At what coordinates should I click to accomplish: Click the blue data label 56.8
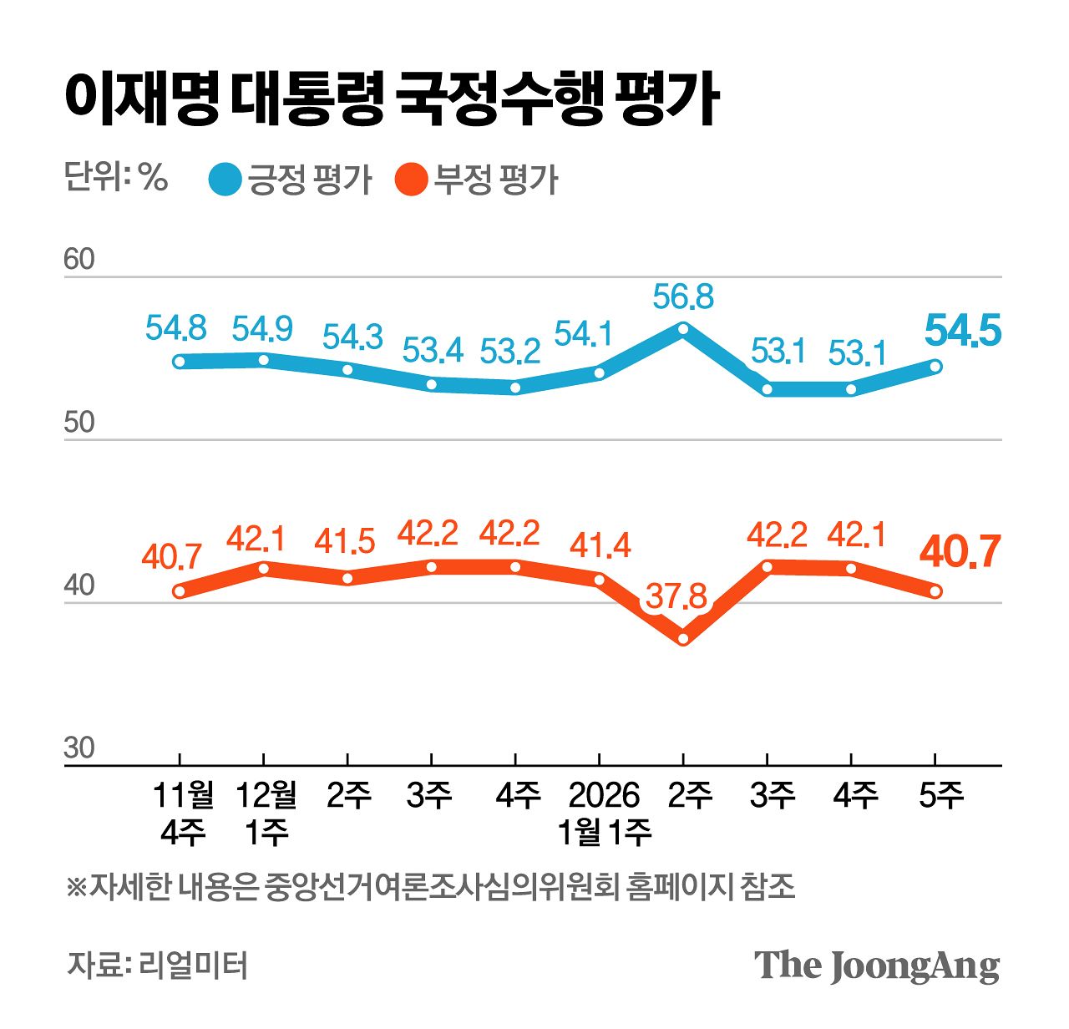coord(683,297)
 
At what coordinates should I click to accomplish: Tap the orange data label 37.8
coord(676,596)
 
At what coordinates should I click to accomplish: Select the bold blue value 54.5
coord(962,332)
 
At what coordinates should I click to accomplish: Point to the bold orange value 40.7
coord(960,552)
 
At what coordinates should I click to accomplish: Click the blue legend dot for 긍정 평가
coord(225,180)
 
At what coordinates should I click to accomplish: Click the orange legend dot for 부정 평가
coord(411,180)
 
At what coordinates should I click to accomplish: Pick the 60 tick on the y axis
coord(79,260)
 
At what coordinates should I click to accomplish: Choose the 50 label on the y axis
coord(79,423)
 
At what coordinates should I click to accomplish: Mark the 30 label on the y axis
coord(79,748)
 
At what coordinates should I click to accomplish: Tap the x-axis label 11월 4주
coord(182,813)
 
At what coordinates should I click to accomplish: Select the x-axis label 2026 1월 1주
coord(603,813)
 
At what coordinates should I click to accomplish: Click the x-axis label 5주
coord(940,795)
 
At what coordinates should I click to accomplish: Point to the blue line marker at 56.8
coord(683,329)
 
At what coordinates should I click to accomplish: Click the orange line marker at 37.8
coord(683,639)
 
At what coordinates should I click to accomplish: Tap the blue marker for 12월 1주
coord(264,360)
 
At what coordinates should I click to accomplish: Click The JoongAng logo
coord(876,966)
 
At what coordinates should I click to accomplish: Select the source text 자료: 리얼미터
coord(157,965)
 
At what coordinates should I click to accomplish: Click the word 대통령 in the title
coord(307,99)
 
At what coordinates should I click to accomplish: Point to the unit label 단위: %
coord(116,177)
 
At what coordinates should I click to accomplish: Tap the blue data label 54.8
coord(175,328)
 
